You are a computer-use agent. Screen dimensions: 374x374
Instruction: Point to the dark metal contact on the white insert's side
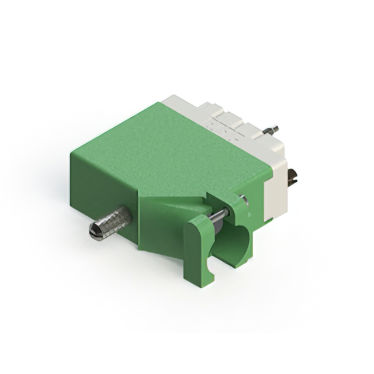coord(292,177)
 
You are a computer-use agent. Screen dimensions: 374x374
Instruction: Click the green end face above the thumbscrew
coord(99,181)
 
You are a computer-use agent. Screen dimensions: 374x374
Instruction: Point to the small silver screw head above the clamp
coord(244,200)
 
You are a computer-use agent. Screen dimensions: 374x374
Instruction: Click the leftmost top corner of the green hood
coord(71,153)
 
